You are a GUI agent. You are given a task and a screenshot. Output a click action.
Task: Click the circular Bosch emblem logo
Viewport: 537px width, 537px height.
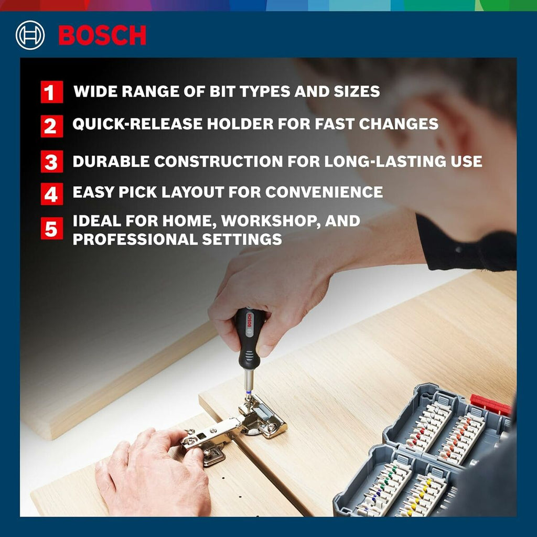pos(30,35)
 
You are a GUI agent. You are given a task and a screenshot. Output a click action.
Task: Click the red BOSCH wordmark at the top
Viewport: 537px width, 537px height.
pos(102,35)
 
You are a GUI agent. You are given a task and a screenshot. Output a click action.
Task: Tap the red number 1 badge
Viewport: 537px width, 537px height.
pos(52,92)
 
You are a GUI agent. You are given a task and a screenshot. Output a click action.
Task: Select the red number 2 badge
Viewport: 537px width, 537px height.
pos(52,126)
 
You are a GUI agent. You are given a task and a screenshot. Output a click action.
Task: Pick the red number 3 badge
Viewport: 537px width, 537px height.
pos(52,162)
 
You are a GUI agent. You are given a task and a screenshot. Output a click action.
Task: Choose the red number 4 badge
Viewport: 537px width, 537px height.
pos(52,194)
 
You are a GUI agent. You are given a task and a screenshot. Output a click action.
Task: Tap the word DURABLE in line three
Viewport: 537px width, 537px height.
pos(111,162)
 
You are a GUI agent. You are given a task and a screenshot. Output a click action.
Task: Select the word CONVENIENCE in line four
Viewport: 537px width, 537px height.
pos(324,192)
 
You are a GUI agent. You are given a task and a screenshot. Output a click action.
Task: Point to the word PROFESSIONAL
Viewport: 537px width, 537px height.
pos(135,239)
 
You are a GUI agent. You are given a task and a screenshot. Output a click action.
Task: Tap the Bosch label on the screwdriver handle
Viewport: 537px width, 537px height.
pos(249,320)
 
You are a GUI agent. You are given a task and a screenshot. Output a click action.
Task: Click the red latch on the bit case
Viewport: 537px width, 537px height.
pos(490,404)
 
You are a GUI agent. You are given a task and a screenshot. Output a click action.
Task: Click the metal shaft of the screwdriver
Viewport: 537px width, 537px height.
pos(249,381)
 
